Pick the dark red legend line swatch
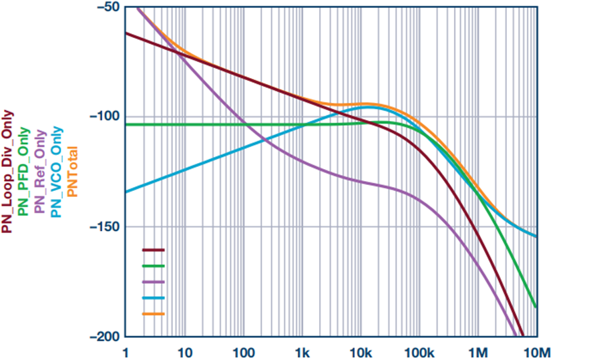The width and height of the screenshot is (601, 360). pyautogui.click(x=154, y=250)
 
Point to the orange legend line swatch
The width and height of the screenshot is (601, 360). pyautogui.click(x=154, y=314)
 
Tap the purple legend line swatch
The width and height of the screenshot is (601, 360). pyautogui.click(x=154, y=282)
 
